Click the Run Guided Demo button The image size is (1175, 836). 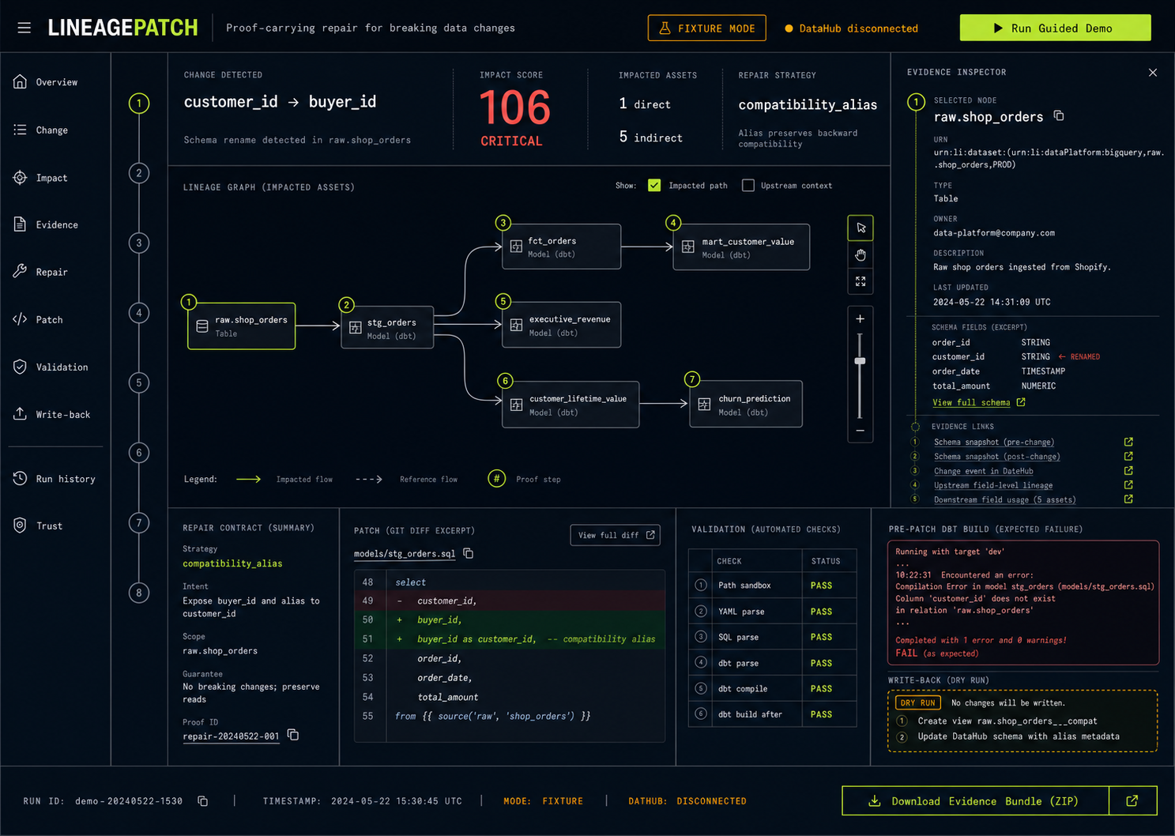[1055, 28]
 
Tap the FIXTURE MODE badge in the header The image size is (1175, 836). [706, 28]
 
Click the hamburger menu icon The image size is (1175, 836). [24, 28]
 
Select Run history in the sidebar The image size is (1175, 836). [55, 478]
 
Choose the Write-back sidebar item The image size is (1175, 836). [51, 414]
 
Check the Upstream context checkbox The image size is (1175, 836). [748, 185]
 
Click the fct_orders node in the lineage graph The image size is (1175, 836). [561, 247]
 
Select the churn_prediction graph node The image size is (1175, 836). [745, 404]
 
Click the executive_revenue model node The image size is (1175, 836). [561, 326]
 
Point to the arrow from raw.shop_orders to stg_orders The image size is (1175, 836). [318, 326]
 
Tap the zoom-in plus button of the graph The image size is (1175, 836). [861, 319]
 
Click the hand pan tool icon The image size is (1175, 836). [861, 255]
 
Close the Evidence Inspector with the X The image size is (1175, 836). [1152, 73]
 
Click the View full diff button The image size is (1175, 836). [616, 535]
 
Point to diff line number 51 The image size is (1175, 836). [367, 638]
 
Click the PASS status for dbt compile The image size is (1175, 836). [821, 688]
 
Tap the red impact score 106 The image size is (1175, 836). [514, 108]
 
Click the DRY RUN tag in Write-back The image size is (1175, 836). [917, 702]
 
